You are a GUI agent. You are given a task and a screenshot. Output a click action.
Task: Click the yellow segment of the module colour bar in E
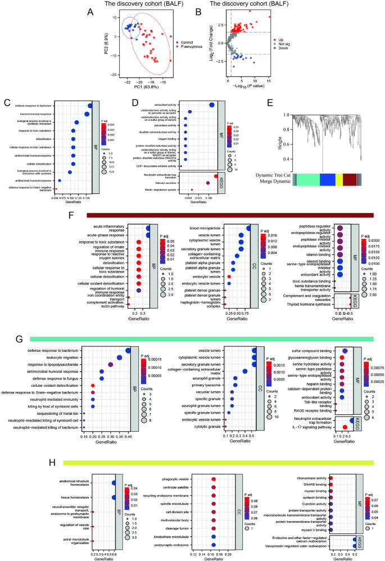(339, 179)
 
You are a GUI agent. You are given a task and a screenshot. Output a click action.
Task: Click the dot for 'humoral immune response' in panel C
(87, 115)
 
